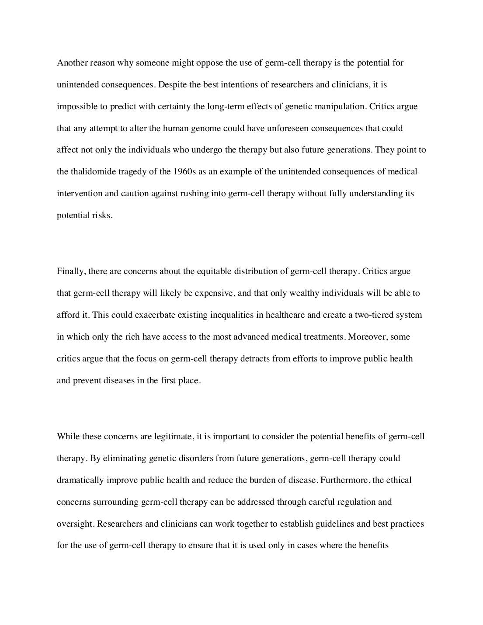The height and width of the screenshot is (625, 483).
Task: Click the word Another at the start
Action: point(72,62)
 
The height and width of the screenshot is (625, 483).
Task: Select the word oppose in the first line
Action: point(209,62)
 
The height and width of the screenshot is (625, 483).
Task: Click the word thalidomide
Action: point(92,171)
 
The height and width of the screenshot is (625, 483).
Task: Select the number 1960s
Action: point(184,171)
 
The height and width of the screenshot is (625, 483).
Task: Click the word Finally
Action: point(71,271)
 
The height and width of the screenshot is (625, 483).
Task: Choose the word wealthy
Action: point(304,293)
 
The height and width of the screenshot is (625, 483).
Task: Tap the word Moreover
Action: point(366,337)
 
